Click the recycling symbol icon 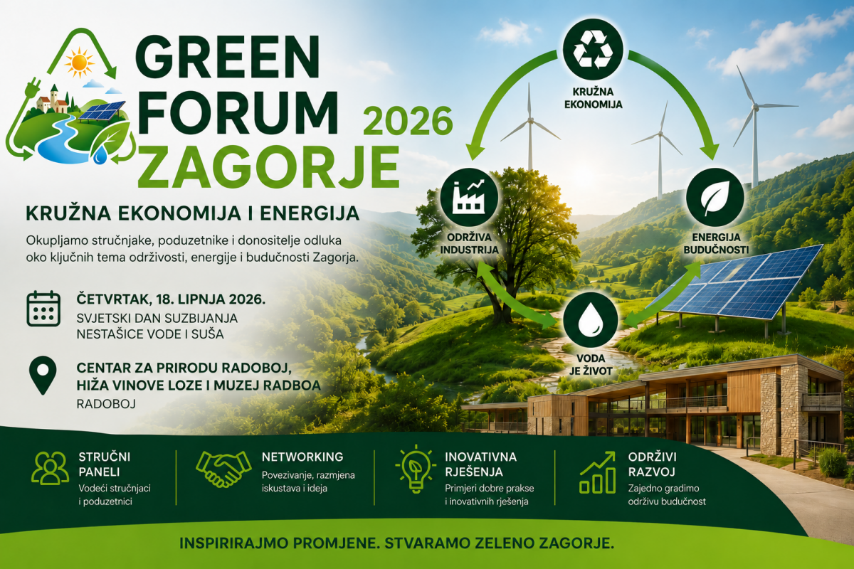[x=593, y=50]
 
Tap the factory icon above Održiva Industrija [x=468, y=197]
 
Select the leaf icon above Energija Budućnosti [x=715, y=197]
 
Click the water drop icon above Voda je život [x=590, y=320]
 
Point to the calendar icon [x=43, y=309]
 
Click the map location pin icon [x=43, y=376]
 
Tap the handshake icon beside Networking [x=223, y=469]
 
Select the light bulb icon [x=416, y=469]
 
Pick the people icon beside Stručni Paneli [x=51, y=468]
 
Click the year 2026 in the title [x=408, y=122]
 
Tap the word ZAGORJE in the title [x=268, y=167]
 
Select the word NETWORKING [x=302, y=457]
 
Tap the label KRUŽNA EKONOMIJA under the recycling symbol [x=593, y=98]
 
